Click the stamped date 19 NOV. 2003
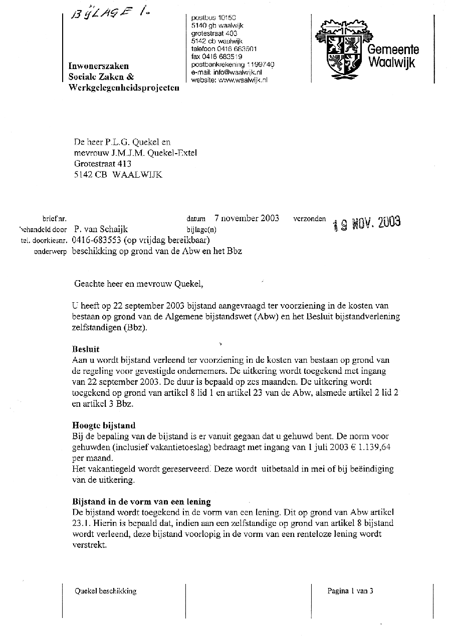[367, 223]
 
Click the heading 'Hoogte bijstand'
[104, 426]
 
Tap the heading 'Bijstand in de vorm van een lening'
[142, 501]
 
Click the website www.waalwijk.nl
[243, 80]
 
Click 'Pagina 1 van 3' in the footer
[350, 591]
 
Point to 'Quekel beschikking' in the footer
[105, 591]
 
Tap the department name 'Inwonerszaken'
[98, 66]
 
